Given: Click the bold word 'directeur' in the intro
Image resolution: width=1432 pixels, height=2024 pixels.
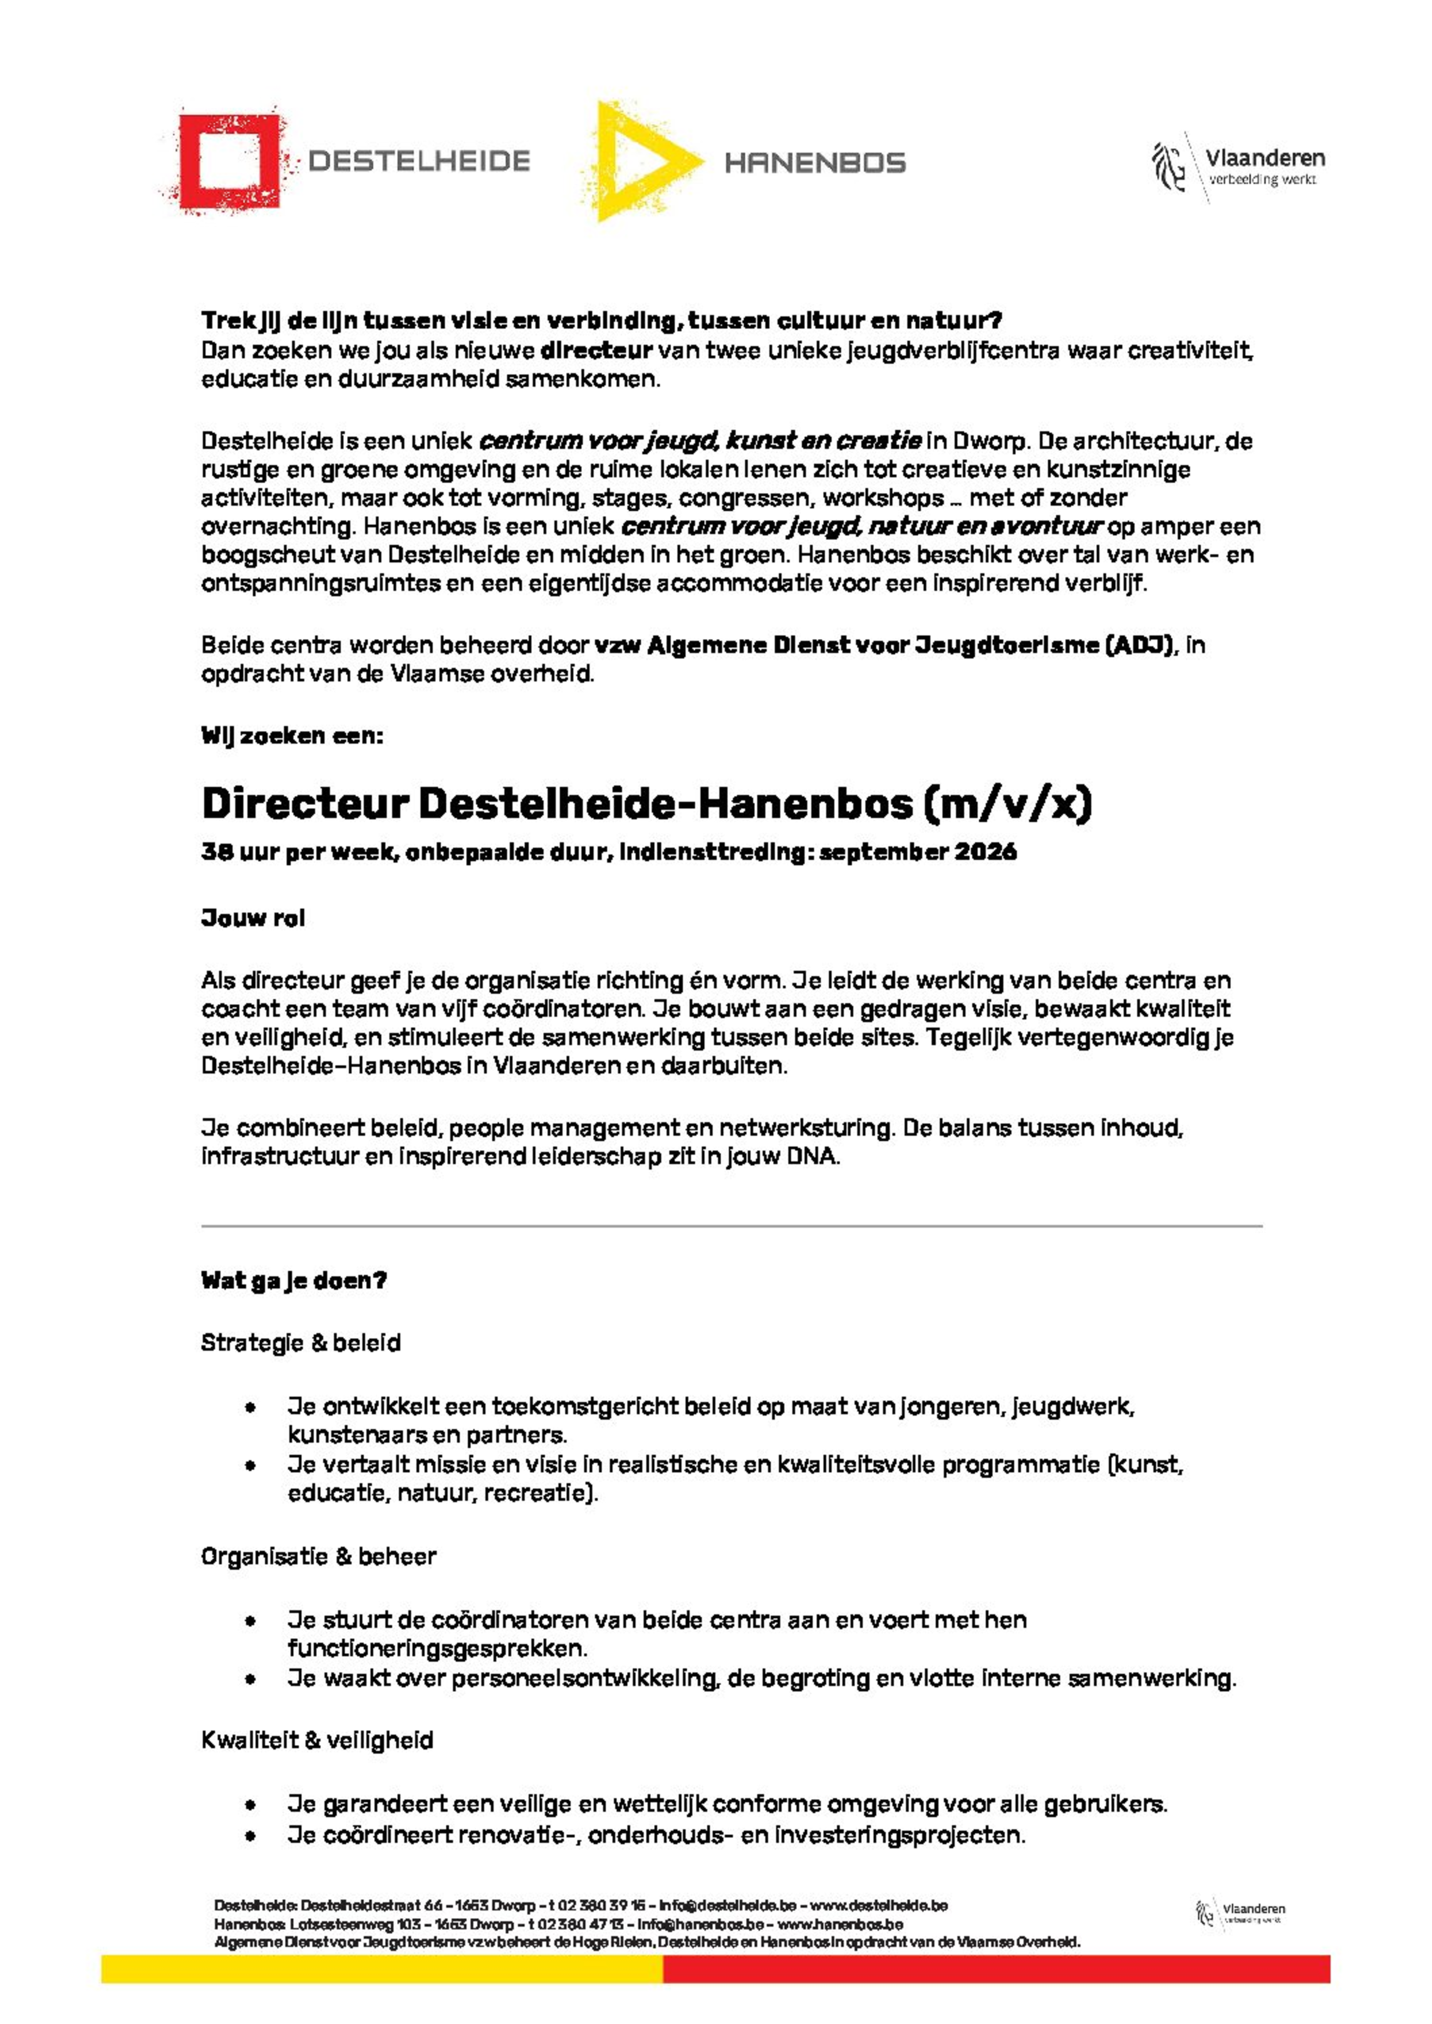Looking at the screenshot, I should [x=596, y=350].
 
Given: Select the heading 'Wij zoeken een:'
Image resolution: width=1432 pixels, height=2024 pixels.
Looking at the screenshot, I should [x=292, y=735].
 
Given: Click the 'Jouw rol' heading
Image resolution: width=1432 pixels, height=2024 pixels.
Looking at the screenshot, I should [x=253, y=918].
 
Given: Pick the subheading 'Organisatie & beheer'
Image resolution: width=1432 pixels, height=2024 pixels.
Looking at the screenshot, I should [x=318, y=1556].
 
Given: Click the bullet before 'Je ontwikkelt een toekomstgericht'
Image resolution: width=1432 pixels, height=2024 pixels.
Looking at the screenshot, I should [x=251, y=1407].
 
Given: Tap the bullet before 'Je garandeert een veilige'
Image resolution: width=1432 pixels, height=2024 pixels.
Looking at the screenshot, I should [x=251, y=1805].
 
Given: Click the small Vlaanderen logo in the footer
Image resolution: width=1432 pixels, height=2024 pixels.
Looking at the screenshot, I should [x=1239, y=1913].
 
